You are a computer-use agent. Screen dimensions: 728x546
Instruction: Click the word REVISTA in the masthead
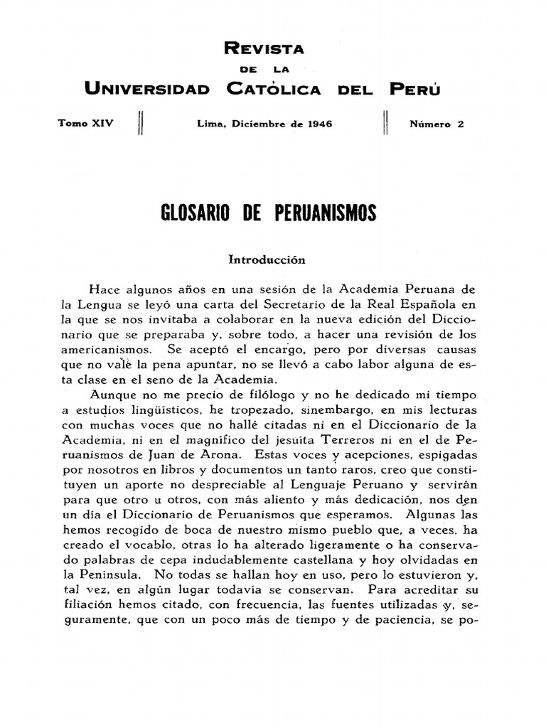(x=264, y=48)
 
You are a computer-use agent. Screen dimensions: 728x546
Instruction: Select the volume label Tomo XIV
(x=85, y=124)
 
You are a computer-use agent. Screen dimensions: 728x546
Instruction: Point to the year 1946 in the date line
(x=321, y=124)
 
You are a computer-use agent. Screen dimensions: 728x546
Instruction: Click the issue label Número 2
(x=436, y=124)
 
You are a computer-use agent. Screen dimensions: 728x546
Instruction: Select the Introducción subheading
(x=267, y=259)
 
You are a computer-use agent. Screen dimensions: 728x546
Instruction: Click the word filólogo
(x=242, y=395)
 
